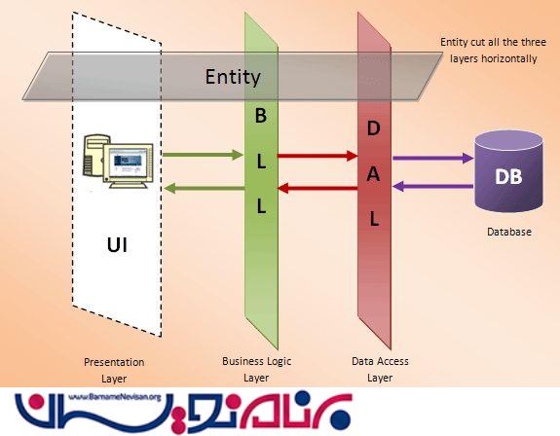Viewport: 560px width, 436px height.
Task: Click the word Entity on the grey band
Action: pos(233,77)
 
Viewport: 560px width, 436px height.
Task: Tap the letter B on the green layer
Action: pos(261,116)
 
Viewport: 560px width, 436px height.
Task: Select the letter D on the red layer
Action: pos(374,128)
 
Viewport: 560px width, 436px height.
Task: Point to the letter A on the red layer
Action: pos(374,174)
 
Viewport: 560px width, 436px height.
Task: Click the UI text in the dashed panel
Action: pos(117,245)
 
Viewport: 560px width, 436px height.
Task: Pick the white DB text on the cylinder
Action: pos(508,176)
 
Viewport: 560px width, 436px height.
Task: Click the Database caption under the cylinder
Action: pos(509,232)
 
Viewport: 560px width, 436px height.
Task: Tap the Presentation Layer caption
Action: pos(114,371)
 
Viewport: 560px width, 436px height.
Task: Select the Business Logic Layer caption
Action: pos(256,369)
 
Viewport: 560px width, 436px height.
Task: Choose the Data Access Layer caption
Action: pos(380,369)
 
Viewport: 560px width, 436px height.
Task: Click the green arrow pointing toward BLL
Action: pos(203,155)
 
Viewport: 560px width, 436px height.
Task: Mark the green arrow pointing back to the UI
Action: pos(204,188)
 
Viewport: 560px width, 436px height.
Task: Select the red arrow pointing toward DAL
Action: pos(317,156)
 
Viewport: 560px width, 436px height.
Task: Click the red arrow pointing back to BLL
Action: pos(317,188)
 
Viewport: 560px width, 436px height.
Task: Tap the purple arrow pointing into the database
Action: pos(432,158)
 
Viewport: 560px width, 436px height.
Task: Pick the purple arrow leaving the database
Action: pos(432,186)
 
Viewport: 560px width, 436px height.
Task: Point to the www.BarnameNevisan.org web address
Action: pos(115,397)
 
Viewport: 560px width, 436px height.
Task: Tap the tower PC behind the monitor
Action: pos(93,155)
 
